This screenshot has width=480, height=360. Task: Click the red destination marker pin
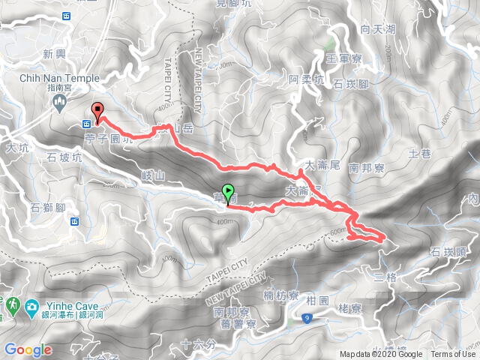97,110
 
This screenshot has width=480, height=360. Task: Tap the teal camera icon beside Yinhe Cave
31,307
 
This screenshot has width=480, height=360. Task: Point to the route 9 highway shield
307,319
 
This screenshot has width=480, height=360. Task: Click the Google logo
28,349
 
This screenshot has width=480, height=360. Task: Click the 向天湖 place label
376,30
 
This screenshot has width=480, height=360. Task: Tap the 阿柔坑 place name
307,79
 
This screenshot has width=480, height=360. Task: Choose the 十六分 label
197,345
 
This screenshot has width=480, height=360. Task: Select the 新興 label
55,54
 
